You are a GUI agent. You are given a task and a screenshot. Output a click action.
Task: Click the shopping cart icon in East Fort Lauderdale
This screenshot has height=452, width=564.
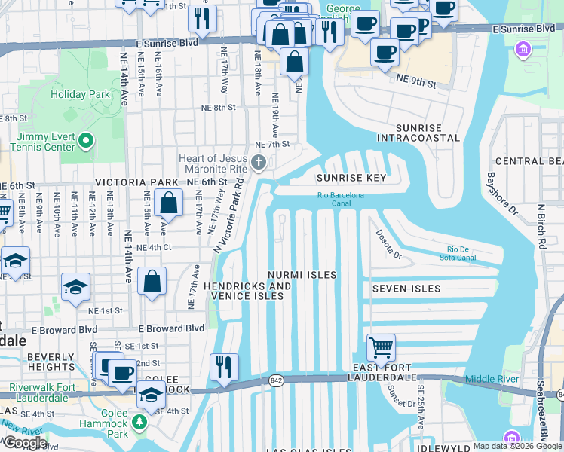(x=382, y=348)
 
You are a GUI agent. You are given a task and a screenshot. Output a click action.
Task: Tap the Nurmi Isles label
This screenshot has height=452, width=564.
(x=303, y=275)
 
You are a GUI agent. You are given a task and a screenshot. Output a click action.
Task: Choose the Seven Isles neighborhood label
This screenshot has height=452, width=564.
(x=406, y=289)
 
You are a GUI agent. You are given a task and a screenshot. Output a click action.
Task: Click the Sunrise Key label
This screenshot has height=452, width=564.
(x=351, y=179)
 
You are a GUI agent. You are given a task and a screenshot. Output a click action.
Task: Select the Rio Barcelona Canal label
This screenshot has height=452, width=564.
(x=341, y=199)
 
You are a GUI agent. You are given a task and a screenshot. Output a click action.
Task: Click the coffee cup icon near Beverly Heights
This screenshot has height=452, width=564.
(x=121, y=371)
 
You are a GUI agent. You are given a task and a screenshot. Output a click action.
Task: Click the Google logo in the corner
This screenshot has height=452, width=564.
(x=26, y=443)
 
